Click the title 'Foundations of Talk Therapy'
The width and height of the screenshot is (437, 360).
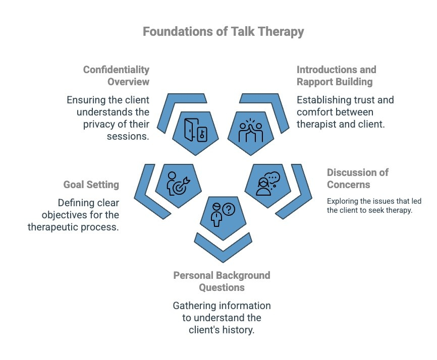[x=223, y=32]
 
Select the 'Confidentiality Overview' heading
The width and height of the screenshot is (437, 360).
[x=116, y=76]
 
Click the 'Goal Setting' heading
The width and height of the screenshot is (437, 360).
[x=91, y=185]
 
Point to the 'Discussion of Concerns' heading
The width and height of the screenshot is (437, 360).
[x=358, y=178]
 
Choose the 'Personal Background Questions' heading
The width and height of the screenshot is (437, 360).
[x=222, y=281]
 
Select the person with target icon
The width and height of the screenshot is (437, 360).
[x=176, y=184]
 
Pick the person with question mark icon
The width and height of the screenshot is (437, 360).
[x=222, y=214]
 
